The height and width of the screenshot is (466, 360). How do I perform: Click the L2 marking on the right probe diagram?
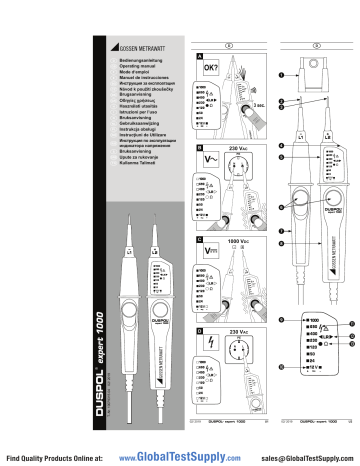click(x=329, y=131)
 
